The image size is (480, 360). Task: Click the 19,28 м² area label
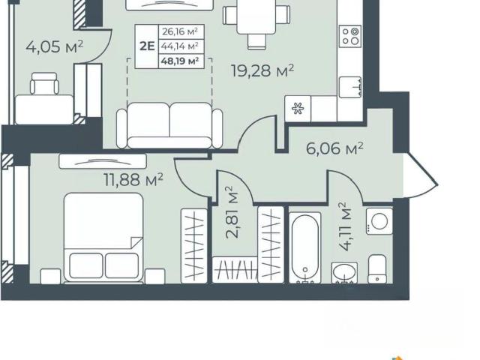click(262, 71)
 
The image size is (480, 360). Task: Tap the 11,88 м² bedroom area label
click(133, 180)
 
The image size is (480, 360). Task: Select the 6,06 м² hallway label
click(334, 148)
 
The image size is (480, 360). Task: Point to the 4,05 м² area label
click(54, 47)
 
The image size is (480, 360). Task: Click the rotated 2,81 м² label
click(232, 212)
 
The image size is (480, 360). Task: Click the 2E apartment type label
click(147, 46)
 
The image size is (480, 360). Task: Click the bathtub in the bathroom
click(305, 247)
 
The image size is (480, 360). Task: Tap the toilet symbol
click(377, 269)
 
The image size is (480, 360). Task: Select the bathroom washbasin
click(344, 272)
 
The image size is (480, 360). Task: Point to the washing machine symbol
click(379, 221)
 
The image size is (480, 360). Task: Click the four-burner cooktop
click(350, 36)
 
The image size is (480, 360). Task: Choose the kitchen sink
click(350, 87)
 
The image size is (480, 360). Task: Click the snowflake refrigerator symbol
click(298, 109)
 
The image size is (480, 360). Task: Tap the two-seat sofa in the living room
click(169, 125)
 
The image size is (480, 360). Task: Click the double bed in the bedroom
click(103, 238)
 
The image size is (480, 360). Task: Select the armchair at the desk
click(45, 83)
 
